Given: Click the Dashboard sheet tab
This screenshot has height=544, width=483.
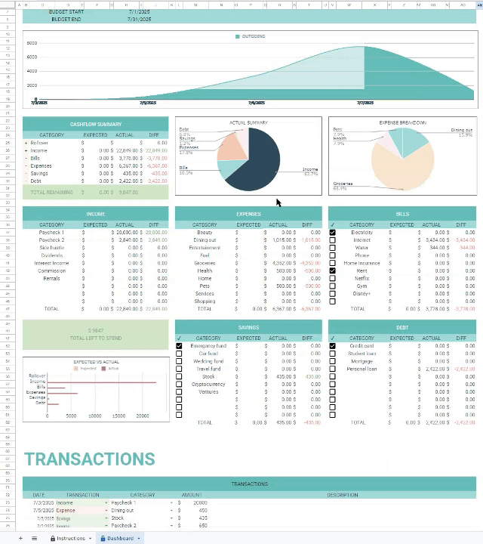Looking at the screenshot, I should click(x=120, y=538).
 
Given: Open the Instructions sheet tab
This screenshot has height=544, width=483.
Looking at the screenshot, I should click(x=70, y=538).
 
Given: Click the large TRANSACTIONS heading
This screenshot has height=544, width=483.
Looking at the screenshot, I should click(x=89, y=459).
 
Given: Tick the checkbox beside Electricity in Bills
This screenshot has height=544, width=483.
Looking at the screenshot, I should click(x=332, y=233).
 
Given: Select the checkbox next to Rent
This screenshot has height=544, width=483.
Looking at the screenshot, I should click(x=332, y=270).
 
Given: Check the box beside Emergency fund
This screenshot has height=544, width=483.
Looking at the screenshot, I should click(x=179, y=346).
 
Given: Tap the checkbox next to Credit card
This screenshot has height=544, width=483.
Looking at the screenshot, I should click(x=332, y=346).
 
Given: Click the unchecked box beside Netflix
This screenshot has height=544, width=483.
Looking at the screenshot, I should click(x=332, y=278).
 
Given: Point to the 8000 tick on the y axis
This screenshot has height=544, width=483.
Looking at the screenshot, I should click(x=32, y=43).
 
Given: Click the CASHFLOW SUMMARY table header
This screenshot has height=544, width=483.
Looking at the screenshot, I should click(x=96, y=124).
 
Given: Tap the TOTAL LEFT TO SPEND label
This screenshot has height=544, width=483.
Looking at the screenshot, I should click(x=95, y=338).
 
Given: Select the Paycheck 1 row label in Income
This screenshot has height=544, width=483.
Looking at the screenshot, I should click(x=51, y=233).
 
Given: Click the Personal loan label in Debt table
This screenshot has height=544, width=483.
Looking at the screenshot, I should click(x=361, y=369).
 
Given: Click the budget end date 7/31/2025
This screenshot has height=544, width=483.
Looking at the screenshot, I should click(x=140, y=19).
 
